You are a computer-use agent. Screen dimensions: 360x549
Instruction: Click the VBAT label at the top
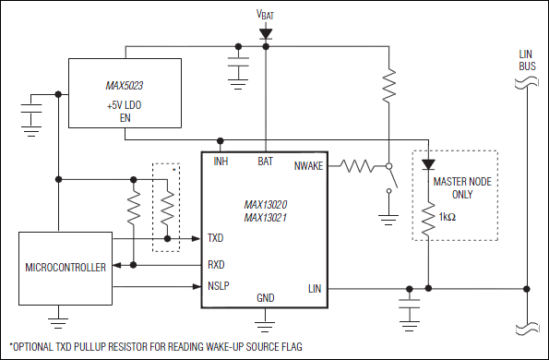[266, 14]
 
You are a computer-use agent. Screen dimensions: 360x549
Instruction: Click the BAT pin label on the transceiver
[266, 162]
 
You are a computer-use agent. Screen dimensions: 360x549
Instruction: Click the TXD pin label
[215, 237]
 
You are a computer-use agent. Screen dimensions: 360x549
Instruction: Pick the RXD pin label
[216, 264]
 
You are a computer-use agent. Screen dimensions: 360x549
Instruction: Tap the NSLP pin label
[218, 285]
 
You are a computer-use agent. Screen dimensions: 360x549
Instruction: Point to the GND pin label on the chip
[266, 297]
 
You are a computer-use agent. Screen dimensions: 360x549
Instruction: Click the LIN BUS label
[526, 60]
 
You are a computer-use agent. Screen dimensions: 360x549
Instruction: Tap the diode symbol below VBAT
[266, 33]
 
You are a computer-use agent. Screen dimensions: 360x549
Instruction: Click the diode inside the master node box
[428, 165]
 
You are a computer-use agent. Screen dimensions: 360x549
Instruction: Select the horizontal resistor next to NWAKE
[356, 167]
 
